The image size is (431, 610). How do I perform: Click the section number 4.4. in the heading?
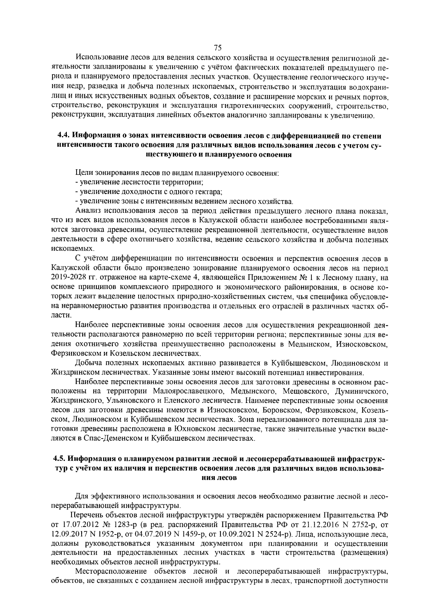(65, 136)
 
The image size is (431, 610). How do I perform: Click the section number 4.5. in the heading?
(60, 459)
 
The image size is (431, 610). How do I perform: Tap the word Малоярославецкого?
(186, 391)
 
